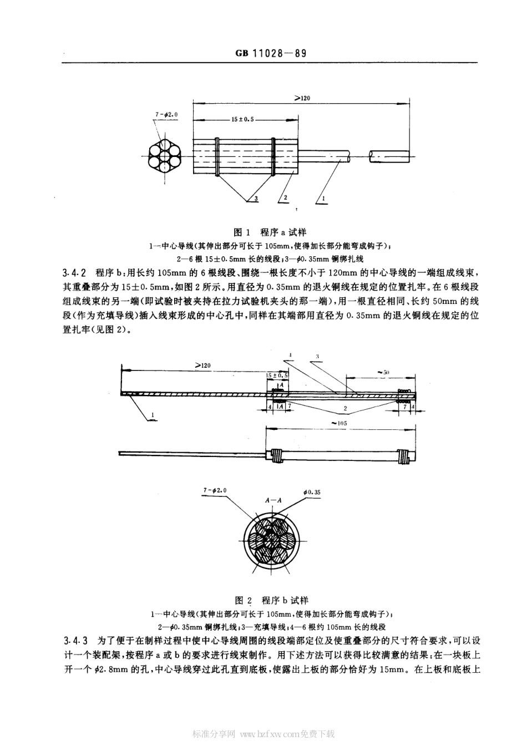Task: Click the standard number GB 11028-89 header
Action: (x=271, y=53)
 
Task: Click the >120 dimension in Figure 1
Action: (x=302, y=98)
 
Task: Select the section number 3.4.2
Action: (x=75, y=273)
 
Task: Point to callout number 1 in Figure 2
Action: (x=152, y=414)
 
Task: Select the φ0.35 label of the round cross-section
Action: (x=312, y=491)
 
